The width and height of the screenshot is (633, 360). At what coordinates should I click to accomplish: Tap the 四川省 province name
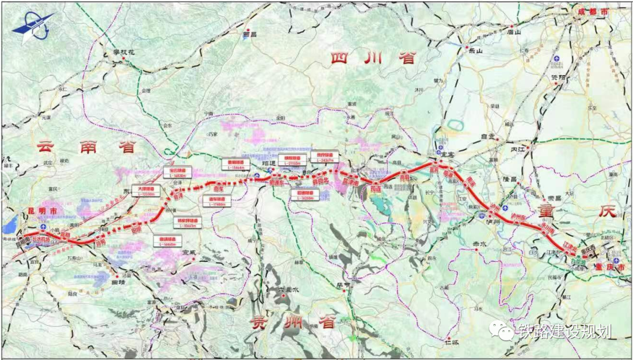click(372, 58)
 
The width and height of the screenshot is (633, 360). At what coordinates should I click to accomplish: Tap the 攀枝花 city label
click(124, 53)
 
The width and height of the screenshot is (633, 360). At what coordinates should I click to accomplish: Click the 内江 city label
click(517, 150)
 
